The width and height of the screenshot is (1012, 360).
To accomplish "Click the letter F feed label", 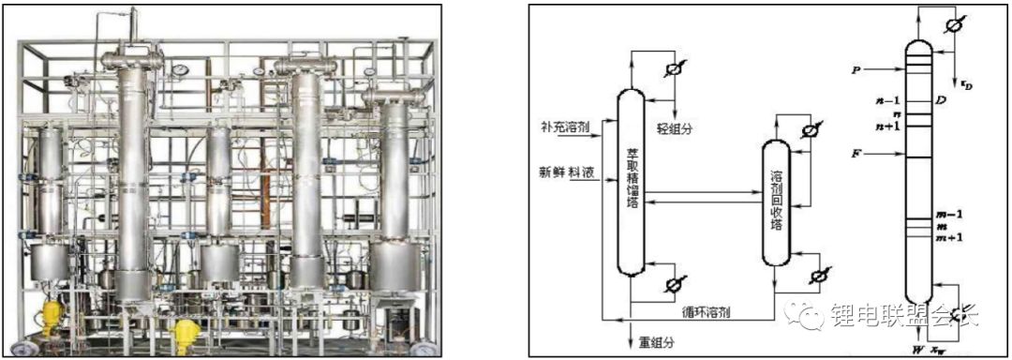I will pos(855,153).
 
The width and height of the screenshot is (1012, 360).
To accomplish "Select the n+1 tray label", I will pos(887,126).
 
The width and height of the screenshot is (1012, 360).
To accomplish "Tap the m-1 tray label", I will pos(950,214).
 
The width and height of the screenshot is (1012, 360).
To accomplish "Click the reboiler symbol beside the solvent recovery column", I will pos(820,274).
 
